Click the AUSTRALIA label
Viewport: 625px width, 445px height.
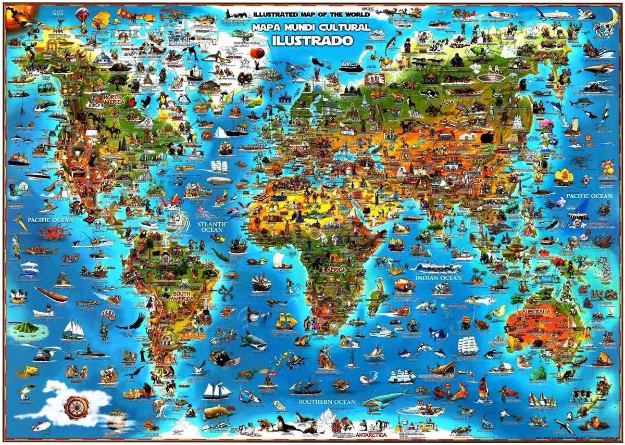tap(532, 312)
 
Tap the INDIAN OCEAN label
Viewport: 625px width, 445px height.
tap(439, 278)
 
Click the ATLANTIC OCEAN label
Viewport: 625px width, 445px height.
tap(212, 227)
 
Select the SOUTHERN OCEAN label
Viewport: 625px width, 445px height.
tap(327, 402)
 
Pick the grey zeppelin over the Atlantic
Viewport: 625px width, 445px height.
tap(219, 181)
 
